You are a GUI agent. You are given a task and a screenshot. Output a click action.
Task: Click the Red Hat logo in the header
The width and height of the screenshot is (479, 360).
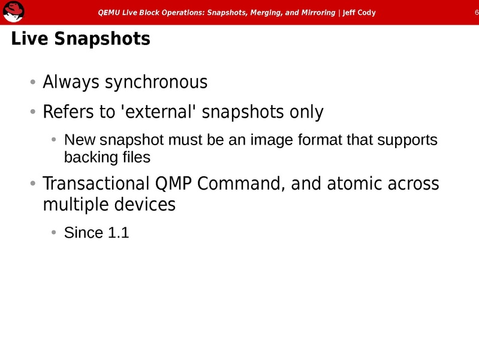(13, 12)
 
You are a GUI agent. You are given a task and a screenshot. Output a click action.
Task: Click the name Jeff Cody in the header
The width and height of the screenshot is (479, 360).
(359, 13)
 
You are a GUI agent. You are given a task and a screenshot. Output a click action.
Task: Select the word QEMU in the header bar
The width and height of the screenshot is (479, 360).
(109, 13)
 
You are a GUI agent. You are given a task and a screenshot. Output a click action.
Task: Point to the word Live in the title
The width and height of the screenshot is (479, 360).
(29, 40)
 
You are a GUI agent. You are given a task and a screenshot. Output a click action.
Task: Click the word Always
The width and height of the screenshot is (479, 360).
(71, 82)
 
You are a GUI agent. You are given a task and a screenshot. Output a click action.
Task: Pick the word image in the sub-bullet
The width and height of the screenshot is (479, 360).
(273, 141)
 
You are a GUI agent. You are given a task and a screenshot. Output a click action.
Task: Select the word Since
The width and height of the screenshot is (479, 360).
(83, 233)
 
